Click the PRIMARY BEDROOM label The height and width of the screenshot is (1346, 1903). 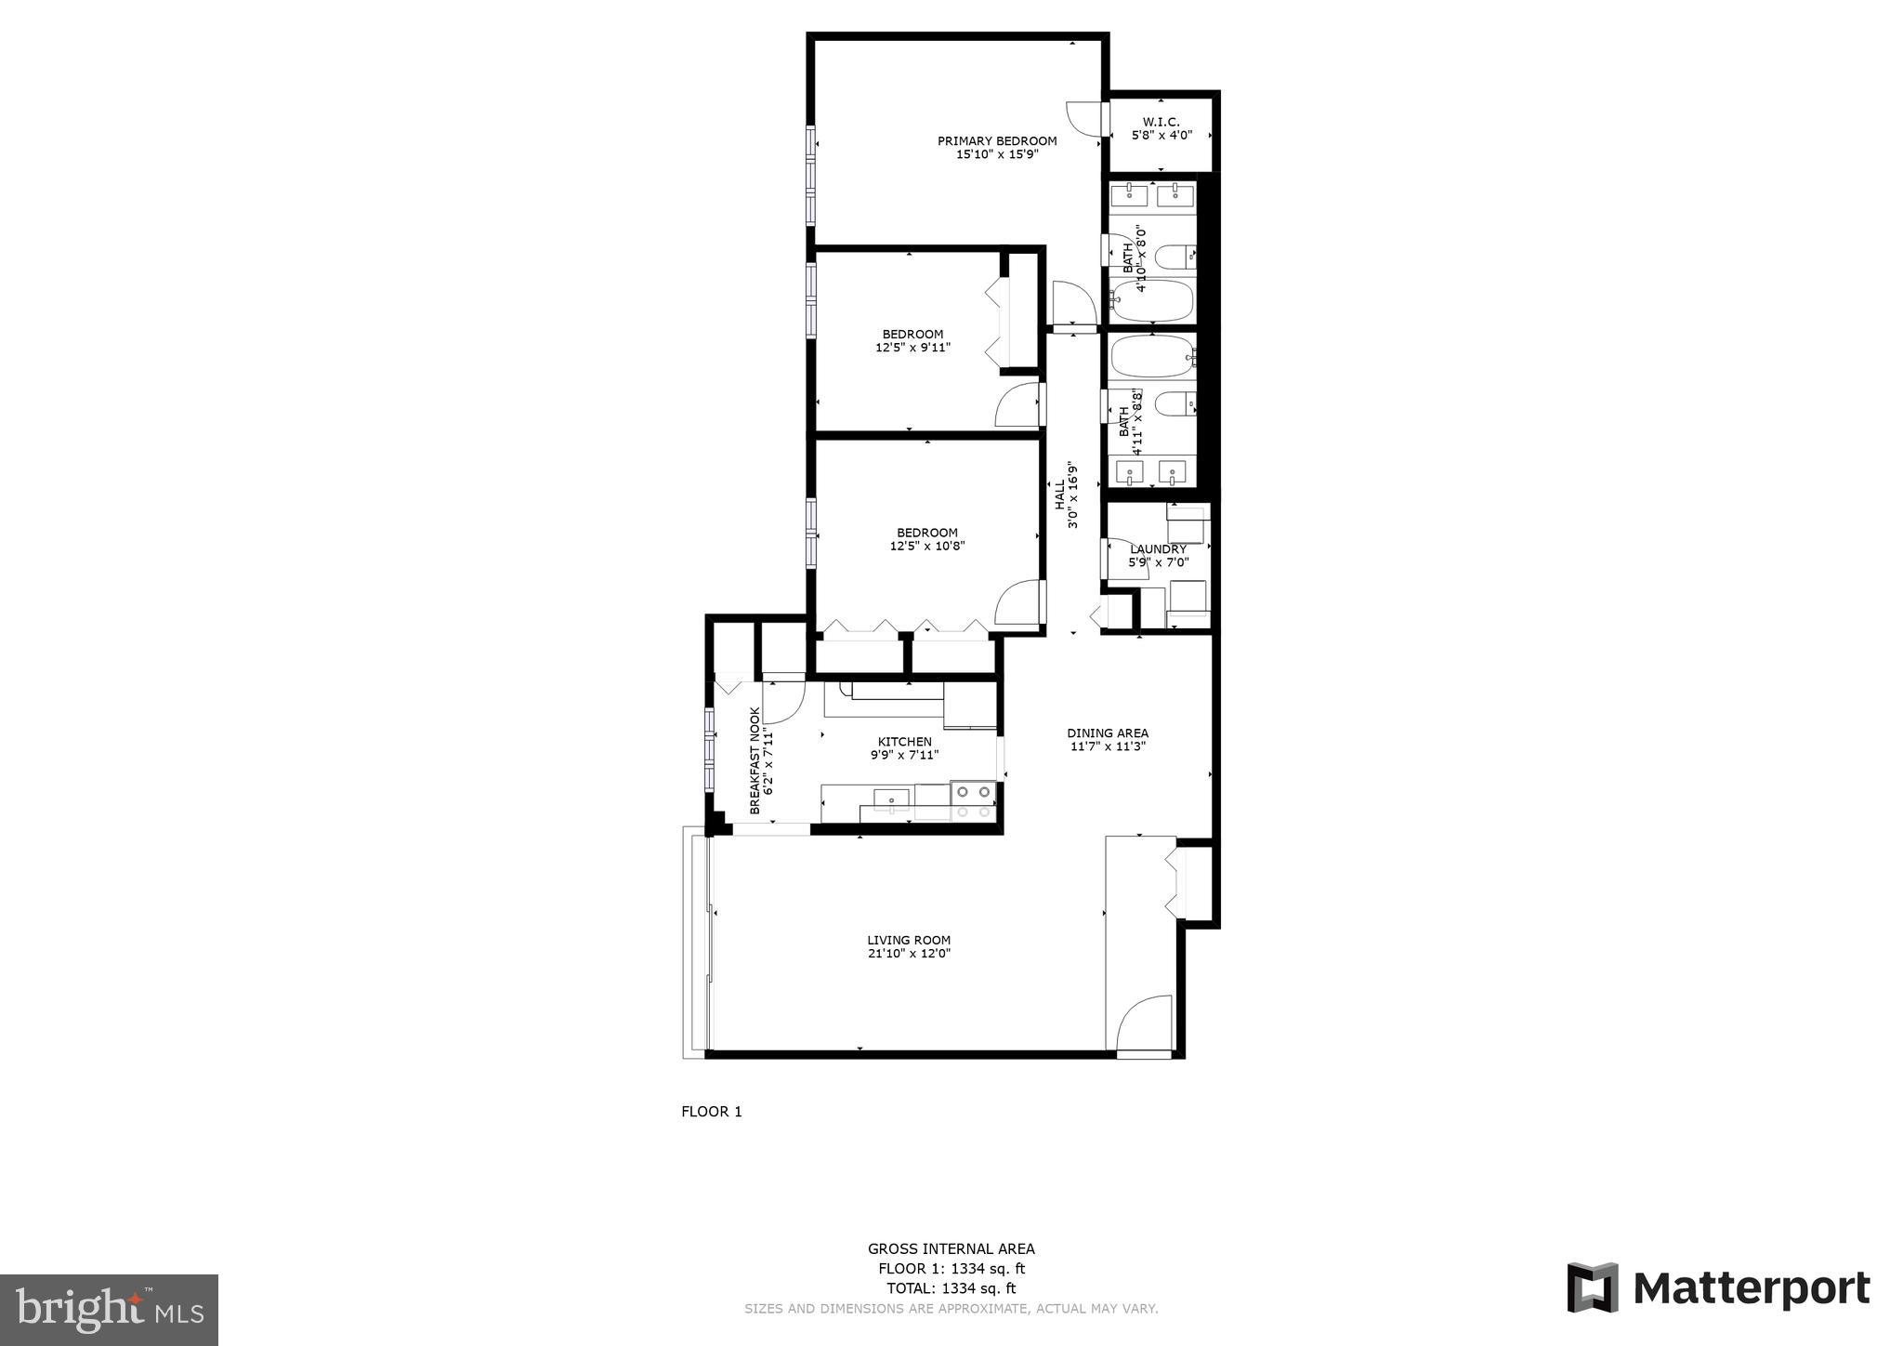tap(996, 141)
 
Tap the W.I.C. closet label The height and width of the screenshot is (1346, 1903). tap(1161, 122)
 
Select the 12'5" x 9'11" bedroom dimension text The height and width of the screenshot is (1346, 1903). tap(912, 348)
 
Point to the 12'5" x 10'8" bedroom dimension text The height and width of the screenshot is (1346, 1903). tap(926, 547)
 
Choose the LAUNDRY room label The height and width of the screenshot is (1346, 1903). tap(1158, 549)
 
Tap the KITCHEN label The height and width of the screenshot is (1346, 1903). tap(904, 742)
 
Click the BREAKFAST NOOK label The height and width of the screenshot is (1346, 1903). tap(755, 760)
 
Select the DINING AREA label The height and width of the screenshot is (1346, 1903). tap(1108, 732)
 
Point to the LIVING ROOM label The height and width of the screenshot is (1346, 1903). tap(909, 940)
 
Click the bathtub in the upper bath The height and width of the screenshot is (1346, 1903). tap(1152, 299)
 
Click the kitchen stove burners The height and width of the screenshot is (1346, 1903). tap(973, 800)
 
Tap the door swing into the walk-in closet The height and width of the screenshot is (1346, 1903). tap(1084, 118)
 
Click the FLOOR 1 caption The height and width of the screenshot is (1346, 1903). tap(711, 1112)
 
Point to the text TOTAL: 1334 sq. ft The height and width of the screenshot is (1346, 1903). tap(951, 1288)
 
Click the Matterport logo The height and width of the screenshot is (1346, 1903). tap(1718, 1288)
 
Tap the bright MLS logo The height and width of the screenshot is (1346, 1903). tap(109, 1311)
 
